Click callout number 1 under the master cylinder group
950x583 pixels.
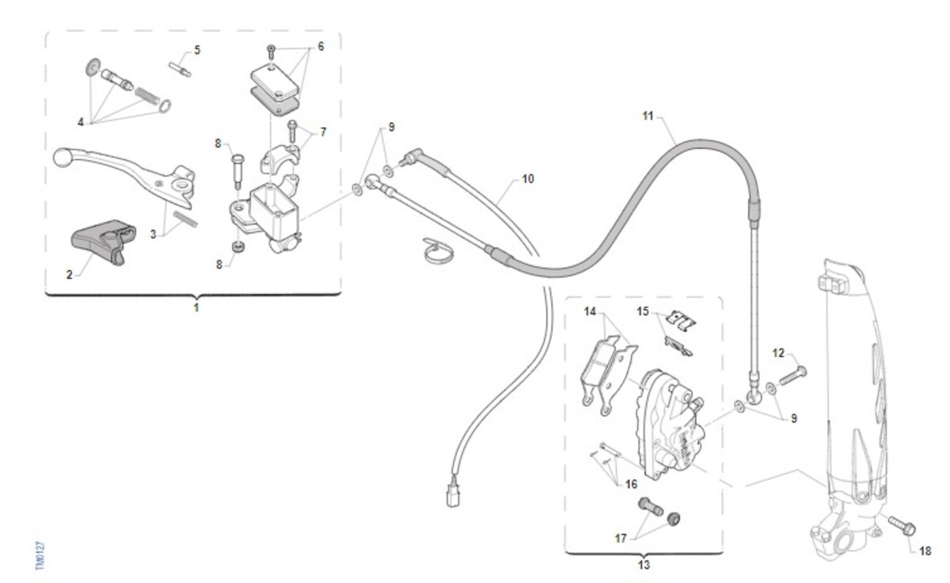196,307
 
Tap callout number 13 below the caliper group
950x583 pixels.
643,565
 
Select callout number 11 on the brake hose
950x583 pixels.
648,116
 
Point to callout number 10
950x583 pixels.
527,179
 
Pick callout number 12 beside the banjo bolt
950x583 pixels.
777,352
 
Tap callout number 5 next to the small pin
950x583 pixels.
197,50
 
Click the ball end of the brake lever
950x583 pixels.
63,158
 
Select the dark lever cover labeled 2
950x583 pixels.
100,241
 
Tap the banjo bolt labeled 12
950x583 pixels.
792,375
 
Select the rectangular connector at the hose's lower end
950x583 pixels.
452,494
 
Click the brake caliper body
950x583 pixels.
671,424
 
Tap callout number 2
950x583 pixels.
69,275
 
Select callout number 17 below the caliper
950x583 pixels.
621,538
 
